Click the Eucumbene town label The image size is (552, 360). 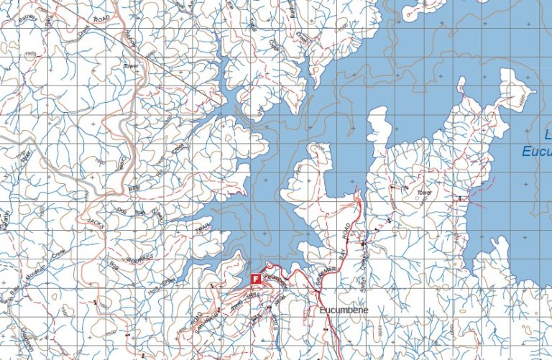344,310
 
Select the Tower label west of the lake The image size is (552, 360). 130,65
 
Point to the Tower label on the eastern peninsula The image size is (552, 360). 424,193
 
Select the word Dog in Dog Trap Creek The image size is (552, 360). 121,211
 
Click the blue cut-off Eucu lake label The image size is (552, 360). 536,152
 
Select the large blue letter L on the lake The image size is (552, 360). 547,134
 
